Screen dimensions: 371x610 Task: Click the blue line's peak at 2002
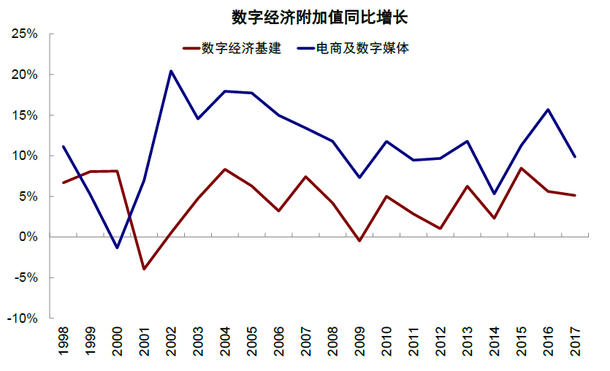pyautogui.click(x=171, y=71)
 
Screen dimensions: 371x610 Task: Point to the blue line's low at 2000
pyautogui.click(x=117, y=248)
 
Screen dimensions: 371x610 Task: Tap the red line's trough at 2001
pyautogui.click(x=144, y=269)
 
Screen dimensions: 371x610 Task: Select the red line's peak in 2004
pyautogui.click(x=224, y=169)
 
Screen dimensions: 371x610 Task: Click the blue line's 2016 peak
pyautogui.click(x=548, y=110)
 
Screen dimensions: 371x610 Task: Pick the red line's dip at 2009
pyautogui.click(x=359, y=241)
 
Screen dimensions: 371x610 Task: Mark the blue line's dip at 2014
pyautogui.click(x=494, y=194)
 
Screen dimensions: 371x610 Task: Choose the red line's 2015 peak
pyautogui.click(x=521, y=168)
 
